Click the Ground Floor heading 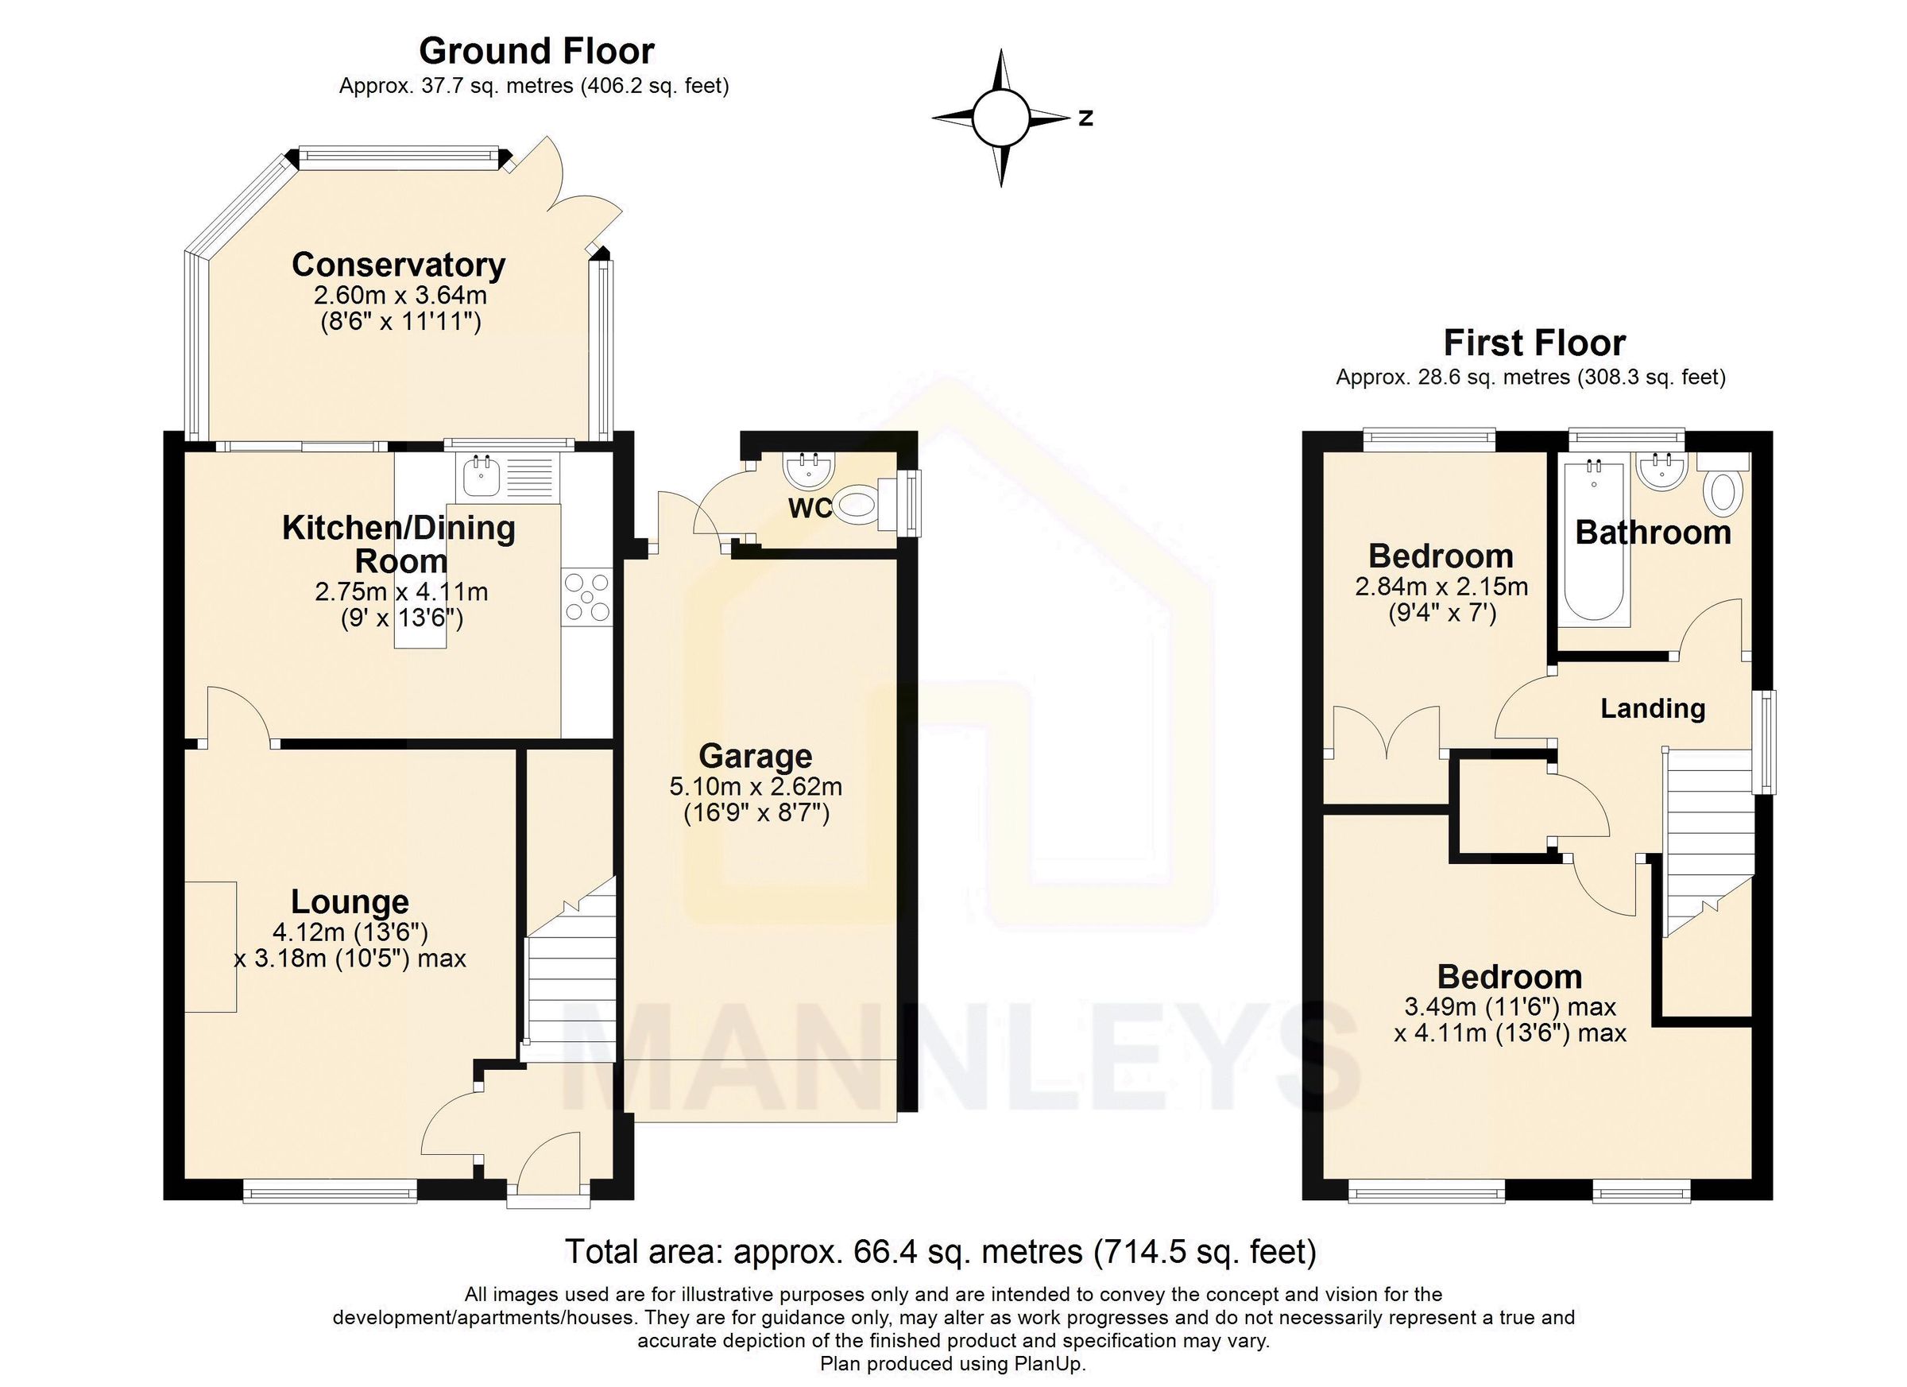(x=536, y=52)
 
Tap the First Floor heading (x=1534, y=343)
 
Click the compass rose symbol (x=1000, y=118)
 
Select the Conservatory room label (x=399, y=265)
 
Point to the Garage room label (x=755, y=756)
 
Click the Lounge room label (x=350, y=901)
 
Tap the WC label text (x=810, y=508)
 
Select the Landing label (x=1652, y=708)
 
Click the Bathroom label (x=1652, y=533)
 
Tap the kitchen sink (x=482, y=477)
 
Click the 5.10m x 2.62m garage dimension (x=755, y=787)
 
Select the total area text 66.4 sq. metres (x=939, y=1252)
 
